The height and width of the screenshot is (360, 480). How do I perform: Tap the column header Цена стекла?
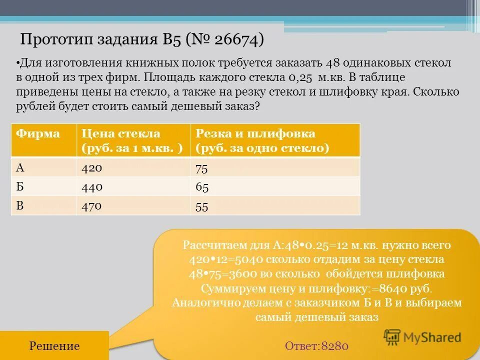(121, 133)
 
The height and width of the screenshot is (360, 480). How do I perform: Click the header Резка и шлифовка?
(255, 133)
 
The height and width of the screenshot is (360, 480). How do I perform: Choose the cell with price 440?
(92, 187)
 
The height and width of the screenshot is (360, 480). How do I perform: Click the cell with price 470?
(92, 205)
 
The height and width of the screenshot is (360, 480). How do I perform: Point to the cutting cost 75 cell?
(201, 168)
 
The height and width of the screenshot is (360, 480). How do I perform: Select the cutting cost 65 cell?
(202, 188)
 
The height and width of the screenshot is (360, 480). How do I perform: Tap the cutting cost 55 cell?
(201, 206)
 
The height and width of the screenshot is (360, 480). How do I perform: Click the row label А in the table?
(20, 167)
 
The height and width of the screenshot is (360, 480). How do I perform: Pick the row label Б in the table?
(20, 187)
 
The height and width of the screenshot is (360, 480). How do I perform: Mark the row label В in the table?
(20, 205)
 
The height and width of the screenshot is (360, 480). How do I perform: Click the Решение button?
(54, 346)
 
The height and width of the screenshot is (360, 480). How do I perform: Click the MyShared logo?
(422, 337)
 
